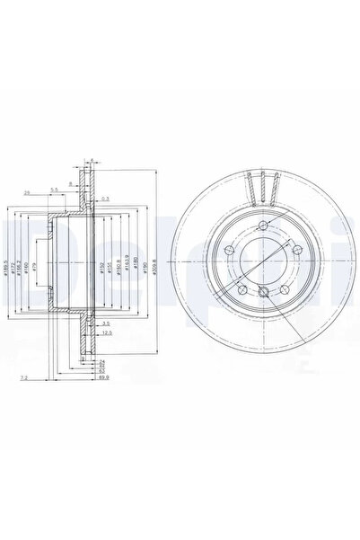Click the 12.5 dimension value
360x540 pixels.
click(107, 332)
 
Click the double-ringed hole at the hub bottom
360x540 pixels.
click(261, 292)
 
